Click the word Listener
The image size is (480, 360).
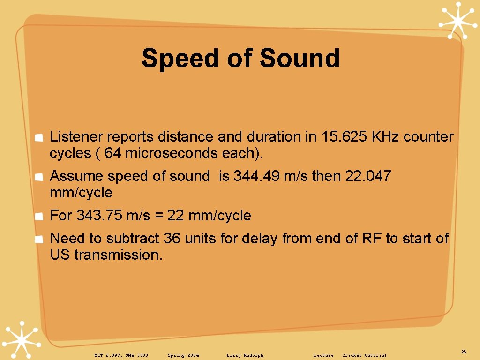tap(76, 137)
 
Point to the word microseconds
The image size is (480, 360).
tap(172, 153)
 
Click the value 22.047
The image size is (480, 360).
tap(368, 176)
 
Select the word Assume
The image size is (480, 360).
tap(77, 176)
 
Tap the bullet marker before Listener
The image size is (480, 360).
tap(40, 137)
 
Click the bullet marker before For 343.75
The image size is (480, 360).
tap(40, 216)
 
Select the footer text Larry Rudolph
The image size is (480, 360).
tap(245, 355)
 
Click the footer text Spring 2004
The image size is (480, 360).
tap(183, 355)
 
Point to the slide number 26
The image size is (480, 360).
tap(464, 352)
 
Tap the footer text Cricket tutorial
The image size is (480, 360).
tap(364, 355)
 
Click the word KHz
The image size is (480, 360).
tap(385, 137)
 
